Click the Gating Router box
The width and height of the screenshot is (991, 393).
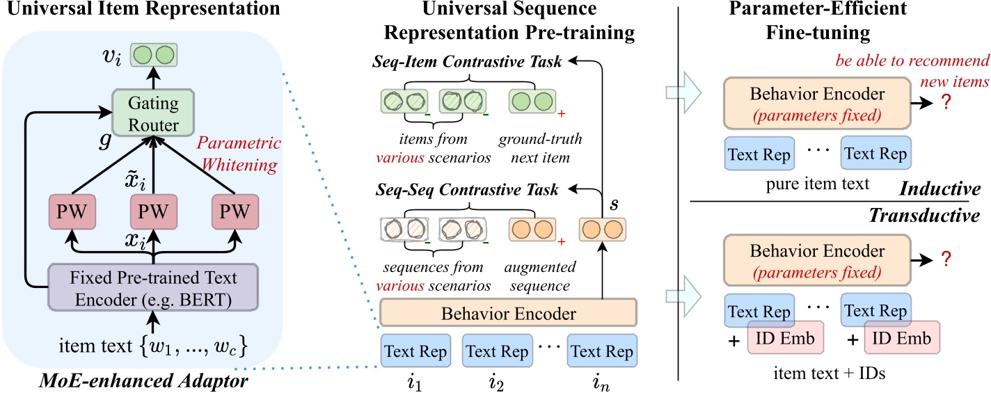pos(153,113)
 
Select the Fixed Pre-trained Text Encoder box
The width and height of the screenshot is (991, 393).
pos(153,288)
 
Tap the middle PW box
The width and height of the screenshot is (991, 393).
pos(153,211)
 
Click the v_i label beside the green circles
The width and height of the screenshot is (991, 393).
pos(111,56)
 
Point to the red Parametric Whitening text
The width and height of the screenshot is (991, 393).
pos(239,154)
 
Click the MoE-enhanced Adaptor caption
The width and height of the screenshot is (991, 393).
pos(143,380)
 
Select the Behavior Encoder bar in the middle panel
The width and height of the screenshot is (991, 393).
pos(508,313)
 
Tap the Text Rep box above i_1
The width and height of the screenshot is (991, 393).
pos(415,351)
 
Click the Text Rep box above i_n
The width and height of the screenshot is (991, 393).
pos(602,351)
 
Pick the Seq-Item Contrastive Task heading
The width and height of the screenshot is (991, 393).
pos(467,61)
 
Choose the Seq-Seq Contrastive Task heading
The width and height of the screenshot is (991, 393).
pos(467,190)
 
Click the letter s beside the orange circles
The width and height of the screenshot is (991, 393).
pos(614,204)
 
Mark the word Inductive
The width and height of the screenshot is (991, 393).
pos(940,189)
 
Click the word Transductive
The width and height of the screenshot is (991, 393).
pos(924,216)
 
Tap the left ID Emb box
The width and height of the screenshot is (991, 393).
pos(785,338)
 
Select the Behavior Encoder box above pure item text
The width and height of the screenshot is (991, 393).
pos(817,104)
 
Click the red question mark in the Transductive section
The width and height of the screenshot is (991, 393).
pos(946,258)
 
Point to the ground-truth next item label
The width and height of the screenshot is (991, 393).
pos(540,148)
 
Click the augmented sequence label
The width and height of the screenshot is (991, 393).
pos(540,276)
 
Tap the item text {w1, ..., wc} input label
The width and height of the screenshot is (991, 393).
pos(153,346)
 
